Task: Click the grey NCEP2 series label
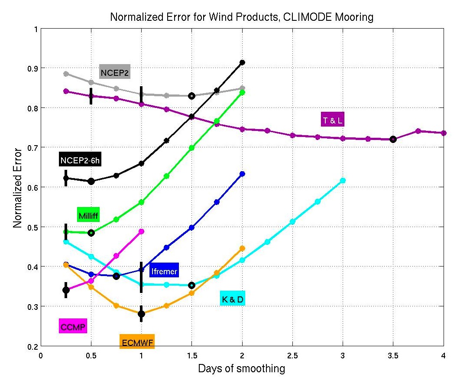[115, 71]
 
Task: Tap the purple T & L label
[332, 120]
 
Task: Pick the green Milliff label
[88, 215]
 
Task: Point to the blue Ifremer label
[164, 272]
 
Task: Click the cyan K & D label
[232, 299]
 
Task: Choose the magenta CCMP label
[73, 326]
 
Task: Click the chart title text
[242, 17]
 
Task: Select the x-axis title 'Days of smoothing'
[242, 369]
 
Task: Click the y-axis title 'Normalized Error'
[17, 187]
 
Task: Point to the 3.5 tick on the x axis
[393, 355]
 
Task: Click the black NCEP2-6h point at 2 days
[242, 62]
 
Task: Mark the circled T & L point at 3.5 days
[393, 139]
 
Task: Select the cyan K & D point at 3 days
[343, 180]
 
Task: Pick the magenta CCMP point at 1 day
[141, 231]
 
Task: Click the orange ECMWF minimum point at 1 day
[141, 314]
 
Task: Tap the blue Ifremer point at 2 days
[242, 174]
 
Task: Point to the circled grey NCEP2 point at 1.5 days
[191, 96]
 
